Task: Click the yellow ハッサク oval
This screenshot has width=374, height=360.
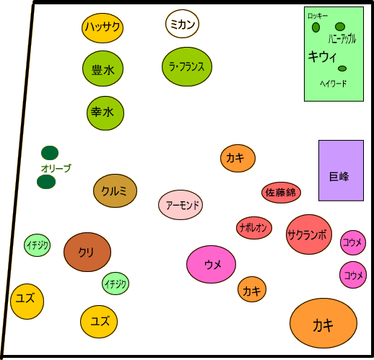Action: pos(103,28)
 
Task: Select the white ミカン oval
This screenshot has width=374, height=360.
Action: pos(182,24)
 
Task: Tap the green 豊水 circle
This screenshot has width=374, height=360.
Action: pos(103,69)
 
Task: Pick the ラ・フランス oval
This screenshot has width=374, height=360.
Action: pos(187,66)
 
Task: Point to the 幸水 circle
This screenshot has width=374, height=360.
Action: pos(105,113)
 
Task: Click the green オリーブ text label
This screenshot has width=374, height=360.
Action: pos(56,168)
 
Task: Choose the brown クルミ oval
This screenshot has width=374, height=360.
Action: pos(115,190)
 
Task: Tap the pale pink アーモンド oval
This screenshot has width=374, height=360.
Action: pos(181,205)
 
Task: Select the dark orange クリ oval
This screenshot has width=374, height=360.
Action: pos(87,252)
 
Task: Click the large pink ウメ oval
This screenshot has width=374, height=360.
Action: pos(211,264)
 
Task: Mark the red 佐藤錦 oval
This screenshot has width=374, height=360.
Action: pos(281,193)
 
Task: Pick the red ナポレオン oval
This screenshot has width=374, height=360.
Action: pos(254,228)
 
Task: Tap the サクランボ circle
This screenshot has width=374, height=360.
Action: pos(309,234)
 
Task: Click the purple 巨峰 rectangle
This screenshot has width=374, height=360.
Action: pos(341,170)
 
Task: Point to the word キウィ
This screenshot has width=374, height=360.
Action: pos(323,57)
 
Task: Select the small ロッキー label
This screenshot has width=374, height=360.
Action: pos(318,16)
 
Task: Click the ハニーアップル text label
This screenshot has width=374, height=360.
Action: pos(342,39)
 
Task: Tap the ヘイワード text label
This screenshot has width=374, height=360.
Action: pos(334,84)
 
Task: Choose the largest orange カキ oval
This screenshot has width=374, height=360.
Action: pos(323,323)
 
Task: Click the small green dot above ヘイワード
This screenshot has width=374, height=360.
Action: pos(342,69)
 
